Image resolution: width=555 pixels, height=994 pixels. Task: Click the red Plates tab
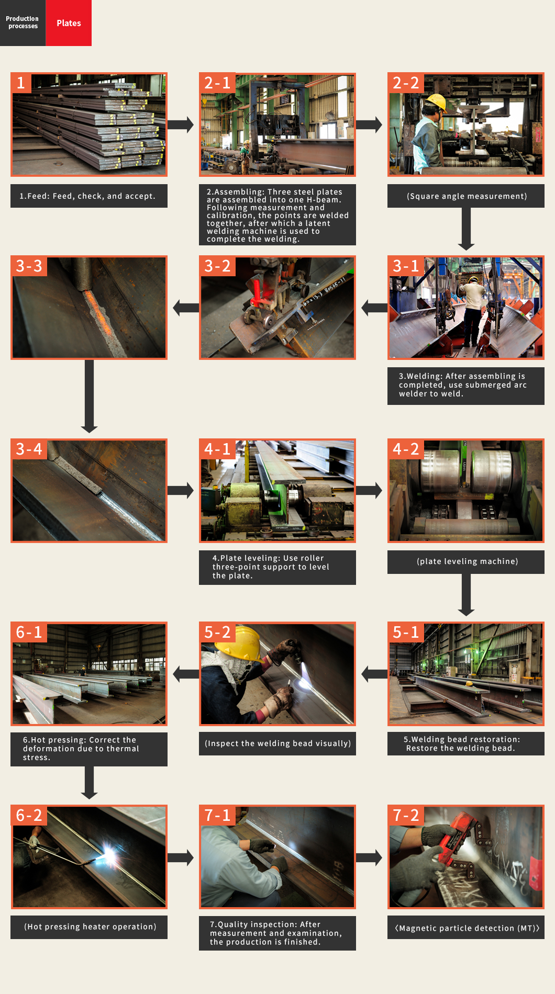coord(69,23)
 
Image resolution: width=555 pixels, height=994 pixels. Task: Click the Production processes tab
coord(23,23)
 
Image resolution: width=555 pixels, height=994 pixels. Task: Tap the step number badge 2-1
coord(217,83)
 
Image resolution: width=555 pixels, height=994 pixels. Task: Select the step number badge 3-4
coord(29,449)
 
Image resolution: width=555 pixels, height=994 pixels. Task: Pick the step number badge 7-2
coord(406,815)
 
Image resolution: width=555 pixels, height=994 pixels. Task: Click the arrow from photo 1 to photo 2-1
coord(181,125)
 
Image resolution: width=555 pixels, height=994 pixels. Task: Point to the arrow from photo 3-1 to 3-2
coord(374,308)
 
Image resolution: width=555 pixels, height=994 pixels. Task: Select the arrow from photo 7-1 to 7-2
coord(369,857)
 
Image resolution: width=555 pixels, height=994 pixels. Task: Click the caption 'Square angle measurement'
coord(467,196)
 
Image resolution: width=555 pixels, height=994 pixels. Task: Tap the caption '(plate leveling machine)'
coord(467,561)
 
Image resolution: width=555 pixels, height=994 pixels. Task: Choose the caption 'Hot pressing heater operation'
coord(90,927)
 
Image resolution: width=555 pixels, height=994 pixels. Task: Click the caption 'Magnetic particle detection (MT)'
coord(467,928)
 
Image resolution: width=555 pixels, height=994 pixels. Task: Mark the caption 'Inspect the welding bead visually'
coord(277,743)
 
